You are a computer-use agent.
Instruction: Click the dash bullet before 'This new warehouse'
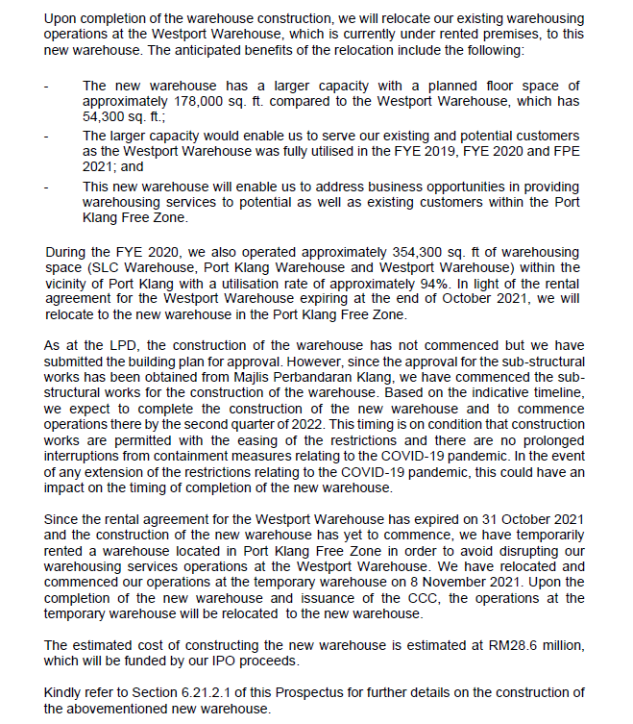tap(48, 186)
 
